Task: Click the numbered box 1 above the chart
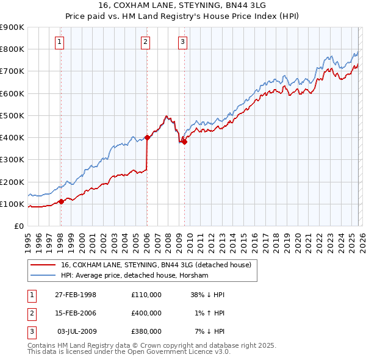click(60, 42)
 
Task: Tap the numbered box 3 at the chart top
click(183, 42)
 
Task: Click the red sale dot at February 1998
click(61, 201)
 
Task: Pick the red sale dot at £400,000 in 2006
click(147, 137)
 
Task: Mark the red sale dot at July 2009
click(184, 142)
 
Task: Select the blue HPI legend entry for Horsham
click(134, 276)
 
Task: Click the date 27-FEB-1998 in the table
click(76, 295)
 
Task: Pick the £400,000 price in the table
click(146, 313)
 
